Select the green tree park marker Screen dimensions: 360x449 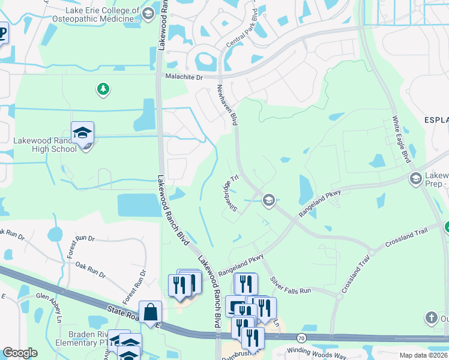pyautogui.click(x=103, y=90)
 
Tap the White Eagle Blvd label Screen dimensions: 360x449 pyautogui.click(x=401, y=139)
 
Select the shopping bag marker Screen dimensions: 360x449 pyautogui.click(x=150, y=313)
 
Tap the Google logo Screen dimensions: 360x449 pyautogui.click(x=20, y=353)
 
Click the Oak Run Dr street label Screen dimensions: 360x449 pyautogui.click(x=90, y=271)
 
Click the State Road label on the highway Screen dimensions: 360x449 pyautogui.click(x=124, y=311)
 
